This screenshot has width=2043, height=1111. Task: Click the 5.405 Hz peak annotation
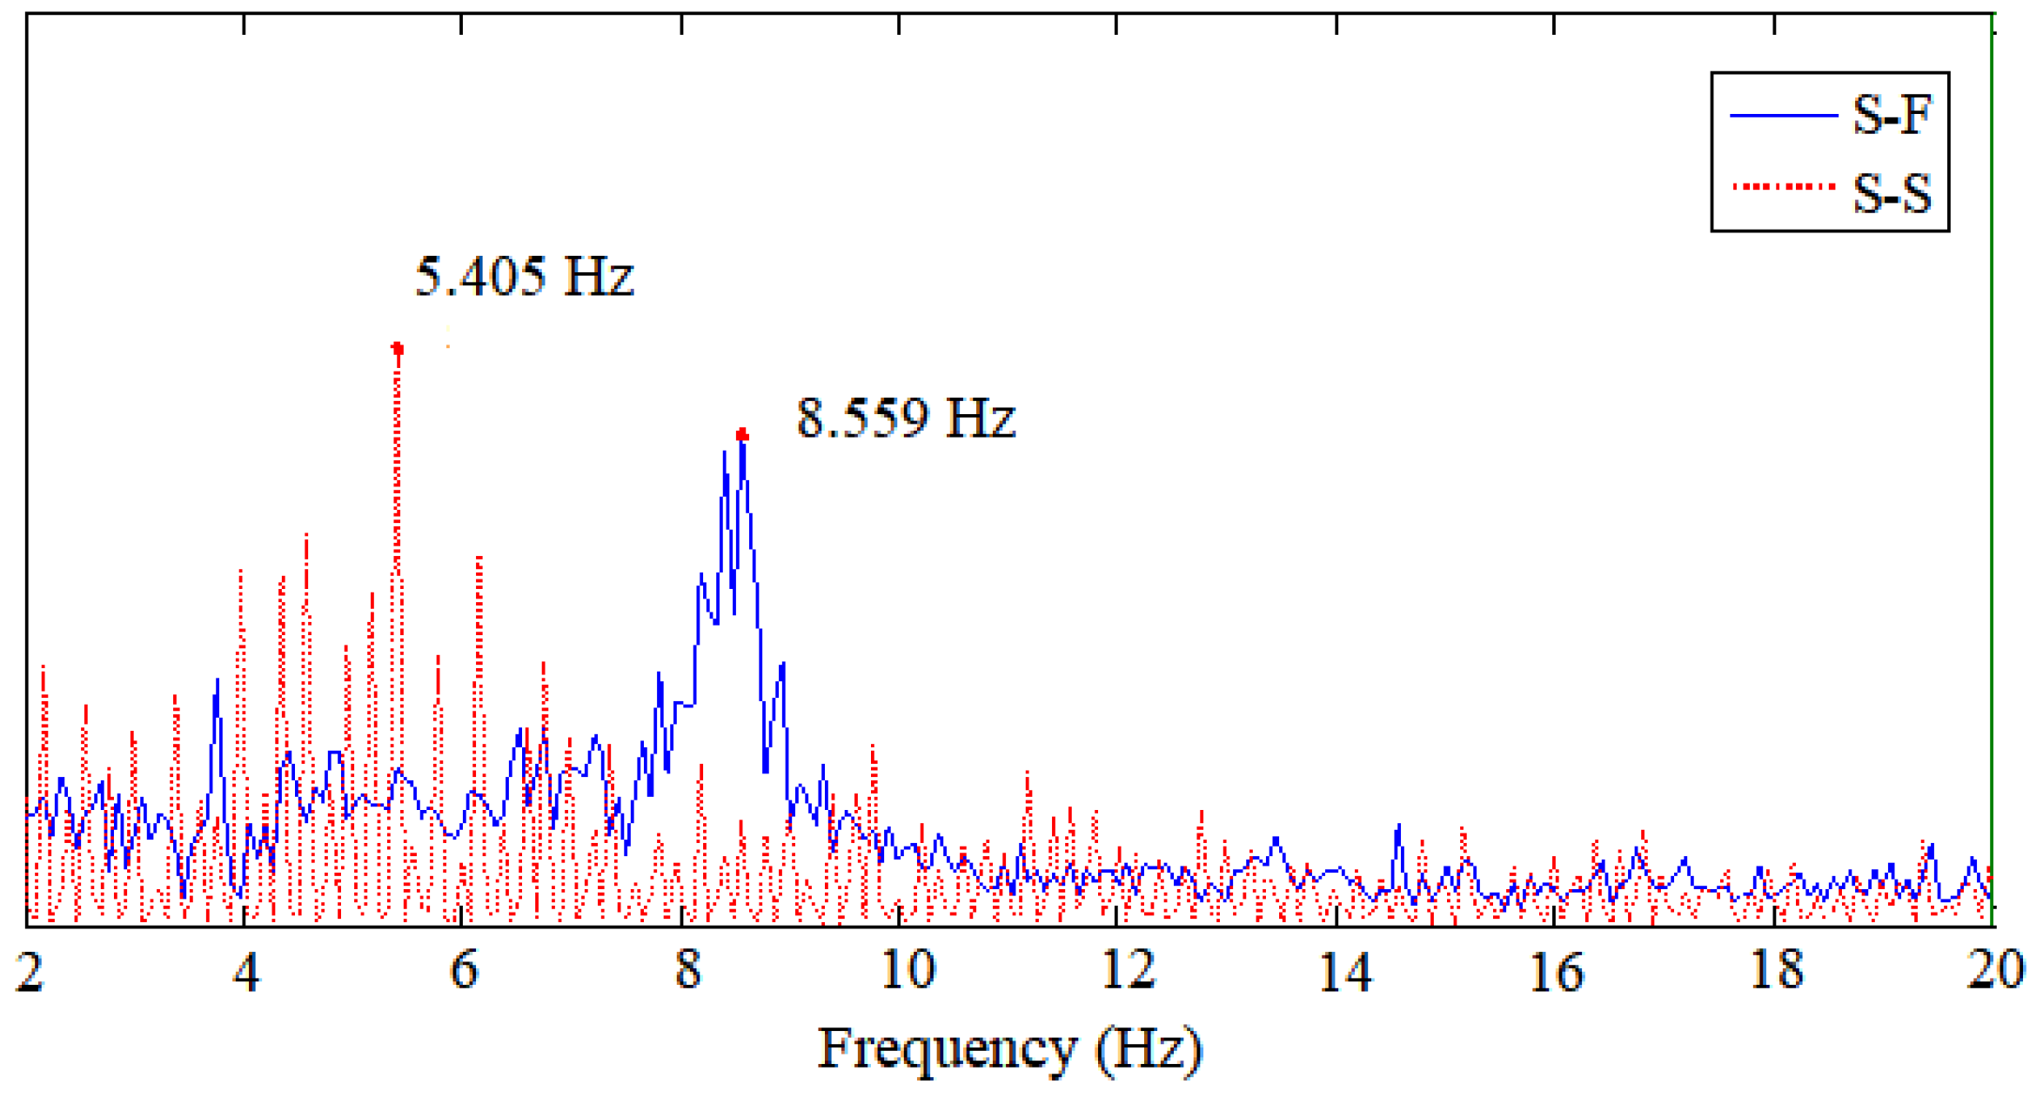(525, 277)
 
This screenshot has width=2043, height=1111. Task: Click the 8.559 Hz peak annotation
(906, 418)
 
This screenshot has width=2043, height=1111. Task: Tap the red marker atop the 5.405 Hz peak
(398, 349)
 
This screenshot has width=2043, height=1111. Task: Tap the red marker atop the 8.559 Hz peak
(741, 435)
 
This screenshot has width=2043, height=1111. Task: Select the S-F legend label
(1892, 115)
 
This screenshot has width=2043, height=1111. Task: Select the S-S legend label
(1892, 193)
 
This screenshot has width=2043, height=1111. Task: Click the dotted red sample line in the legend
(1783, 186)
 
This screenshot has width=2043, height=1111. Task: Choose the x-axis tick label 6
(464, 970)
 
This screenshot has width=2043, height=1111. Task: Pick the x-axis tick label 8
(687, 970)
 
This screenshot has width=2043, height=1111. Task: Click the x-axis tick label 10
(907, 970)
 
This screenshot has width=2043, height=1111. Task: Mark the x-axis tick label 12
(1128, 970)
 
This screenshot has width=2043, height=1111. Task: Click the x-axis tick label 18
(1776, 970)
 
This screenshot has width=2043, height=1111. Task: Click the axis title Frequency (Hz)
(1009, 1049)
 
